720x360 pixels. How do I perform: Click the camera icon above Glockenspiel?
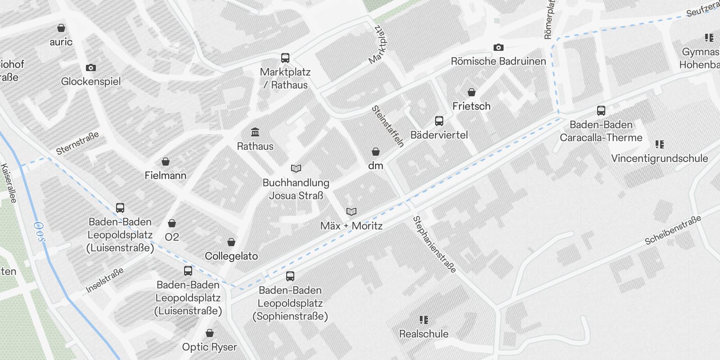(91, 67)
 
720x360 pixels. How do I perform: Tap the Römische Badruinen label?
(498, 61)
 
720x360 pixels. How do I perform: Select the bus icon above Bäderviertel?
(439, 121)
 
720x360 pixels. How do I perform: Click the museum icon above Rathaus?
(255, 132)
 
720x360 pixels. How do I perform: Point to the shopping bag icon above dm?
(375, 152)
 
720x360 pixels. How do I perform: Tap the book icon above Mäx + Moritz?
(351, 211)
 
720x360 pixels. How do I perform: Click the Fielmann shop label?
(165, 175)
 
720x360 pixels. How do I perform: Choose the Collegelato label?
(231, 256)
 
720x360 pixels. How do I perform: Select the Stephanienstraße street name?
(434, 244)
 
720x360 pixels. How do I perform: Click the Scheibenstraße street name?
(673, 230)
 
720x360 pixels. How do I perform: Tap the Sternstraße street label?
(77, 143)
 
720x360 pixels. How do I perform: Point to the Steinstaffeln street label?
(387, 126)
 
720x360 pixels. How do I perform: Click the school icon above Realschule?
(424, 320)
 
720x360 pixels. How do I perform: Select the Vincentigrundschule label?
(659, 158)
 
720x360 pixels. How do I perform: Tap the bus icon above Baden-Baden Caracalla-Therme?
(601, 110)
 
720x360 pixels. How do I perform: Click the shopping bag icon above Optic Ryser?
(210, 333)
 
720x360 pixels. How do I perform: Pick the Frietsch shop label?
(471, 106)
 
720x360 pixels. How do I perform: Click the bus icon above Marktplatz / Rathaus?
(285, 58)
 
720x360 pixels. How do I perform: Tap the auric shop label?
(61, 42)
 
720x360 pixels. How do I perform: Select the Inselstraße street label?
(104, 281)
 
